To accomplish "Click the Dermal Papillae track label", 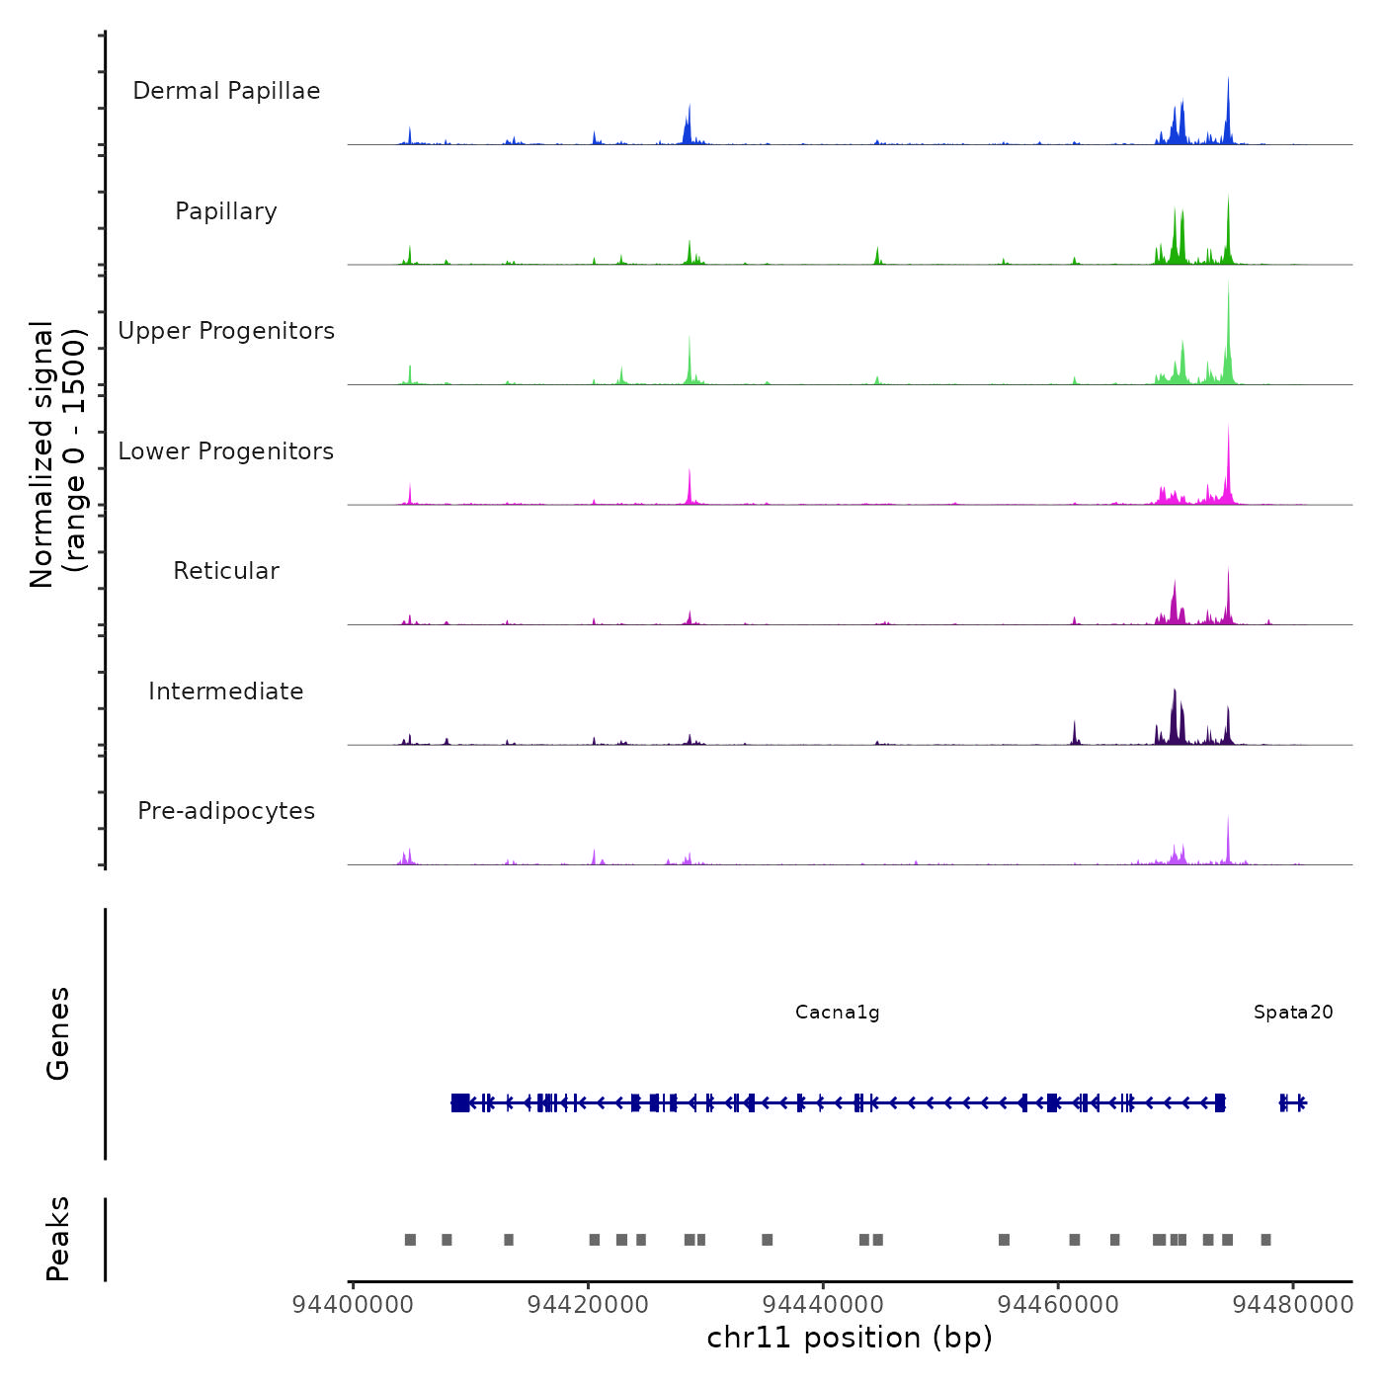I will pos(226,91).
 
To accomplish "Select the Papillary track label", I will pos(226,211).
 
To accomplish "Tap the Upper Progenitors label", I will pos(226,331).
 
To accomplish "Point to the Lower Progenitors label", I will pos(226,451).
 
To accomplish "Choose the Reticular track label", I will pos(226,571).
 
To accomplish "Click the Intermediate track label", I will pos(226,691).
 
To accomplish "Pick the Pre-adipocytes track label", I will pos(226,811).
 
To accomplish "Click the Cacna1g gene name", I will pos(837,1013).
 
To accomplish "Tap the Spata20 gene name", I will pos(1293,1013).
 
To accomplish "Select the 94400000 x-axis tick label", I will pos(354,1305).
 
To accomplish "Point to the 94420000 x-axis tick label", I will pos(589,1305).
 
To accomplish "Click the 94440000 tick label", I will pos(824,1305).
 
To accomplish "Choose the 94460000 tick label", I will pos(1059,1305).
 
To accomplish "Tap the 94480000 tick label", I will pos(1293,1305).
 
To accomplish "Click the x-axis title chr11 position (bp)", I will pos(850,1339).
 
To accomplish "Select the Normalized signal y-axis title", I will pos(57,454).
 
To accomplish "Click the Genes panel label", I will pos(58,1033).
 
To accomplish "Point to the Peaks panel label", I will pos(58,1239).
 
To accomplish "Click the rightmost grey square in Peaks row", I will pos(1265,1240).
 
